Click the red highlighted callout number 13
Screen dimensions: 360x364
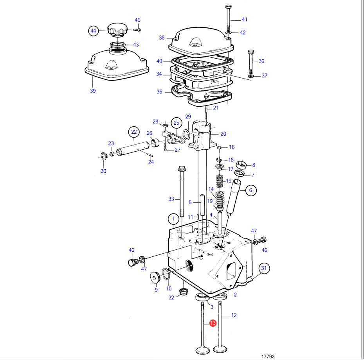[x=213, y=323]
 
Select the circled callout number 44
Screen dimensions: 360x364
[x=93, y=30]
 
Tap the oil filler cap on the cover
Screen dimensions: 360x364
[x=117, y=29]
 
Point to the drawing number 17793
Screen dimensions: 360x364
[x=268, y=356]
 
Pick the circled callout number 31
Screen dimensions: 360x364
[x=265, y=268]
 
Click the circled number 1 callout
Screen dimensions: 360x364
[x=173, y=219]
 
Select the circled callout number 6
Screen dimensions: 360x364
[x=251, y=190]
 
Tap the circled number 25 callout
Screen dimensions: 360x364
[x=176, y=123]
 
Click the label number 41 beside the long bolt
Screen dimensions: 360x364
[x=245, y=20]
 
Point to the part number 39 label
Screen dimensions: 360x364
[x=92, y=91]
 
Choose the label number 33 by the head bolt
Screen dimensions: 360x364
[x=171, y=199]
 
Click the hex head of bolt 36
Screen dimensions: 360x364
[x=251, y=52]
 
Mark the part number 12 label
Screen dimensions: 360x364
[x=234, y=315]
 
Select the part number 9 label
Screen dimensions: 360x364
[x=156, y=290]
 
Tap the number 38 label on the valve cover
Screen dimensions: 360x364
[x=162, y=38]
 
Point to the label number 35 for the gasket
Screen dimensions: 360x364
[x=159, y=92]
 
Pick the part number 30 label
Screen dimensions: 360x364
[x=103, y=171]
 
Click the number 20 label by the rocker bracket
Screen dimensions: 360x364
[x=223, y=134]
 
